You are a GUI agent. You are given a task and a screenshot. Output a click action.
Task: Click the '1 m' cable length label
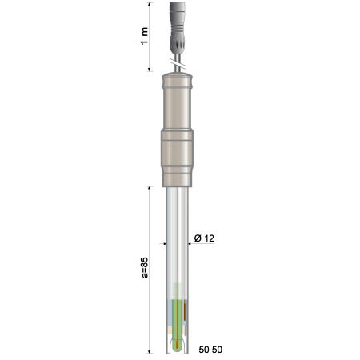(144, 36)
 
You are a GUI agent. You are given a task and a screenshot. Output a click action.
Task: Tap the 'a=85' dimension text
(144, 268)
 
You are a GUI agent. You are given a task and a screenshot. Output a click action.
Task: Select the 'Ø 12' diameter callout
(204, 238)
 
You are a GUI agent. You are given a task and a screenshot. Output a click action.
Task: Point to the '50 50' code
(210, 350)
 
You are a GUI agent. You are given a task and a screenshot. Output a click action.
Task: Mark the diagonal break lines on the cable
(178, 63)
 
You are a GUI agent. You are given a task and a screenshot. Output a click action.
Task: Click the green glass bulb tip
(177, 345)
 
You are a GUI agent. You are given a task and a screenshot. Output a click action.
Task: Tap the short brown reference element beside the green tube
(185, 310)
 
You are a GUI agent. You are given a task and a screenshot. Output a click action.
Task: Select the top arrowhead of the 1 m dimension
(150, 5)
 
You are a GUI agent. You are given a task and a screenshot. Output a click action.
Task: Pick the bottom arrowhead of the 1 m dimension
(150, 70)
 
